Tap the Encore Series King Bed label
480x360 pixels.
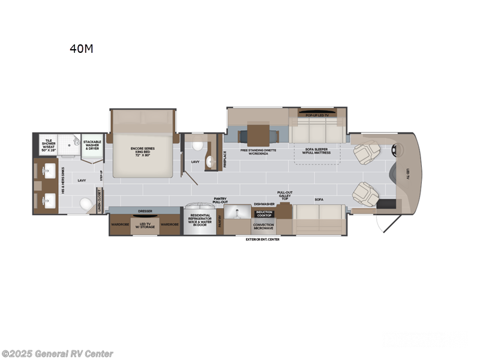[143, 152]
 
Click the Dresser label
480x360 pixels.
[145, 211]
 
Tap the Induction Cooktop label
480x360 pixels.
[263, 213]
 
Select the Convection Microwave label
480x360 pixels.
[263, 227]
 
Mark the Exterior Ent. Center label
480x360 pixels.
[262, 239]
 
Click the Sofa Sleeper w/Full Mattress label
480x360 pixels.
[317, 152]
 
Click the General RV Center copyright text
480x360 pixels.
[58, 354]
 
